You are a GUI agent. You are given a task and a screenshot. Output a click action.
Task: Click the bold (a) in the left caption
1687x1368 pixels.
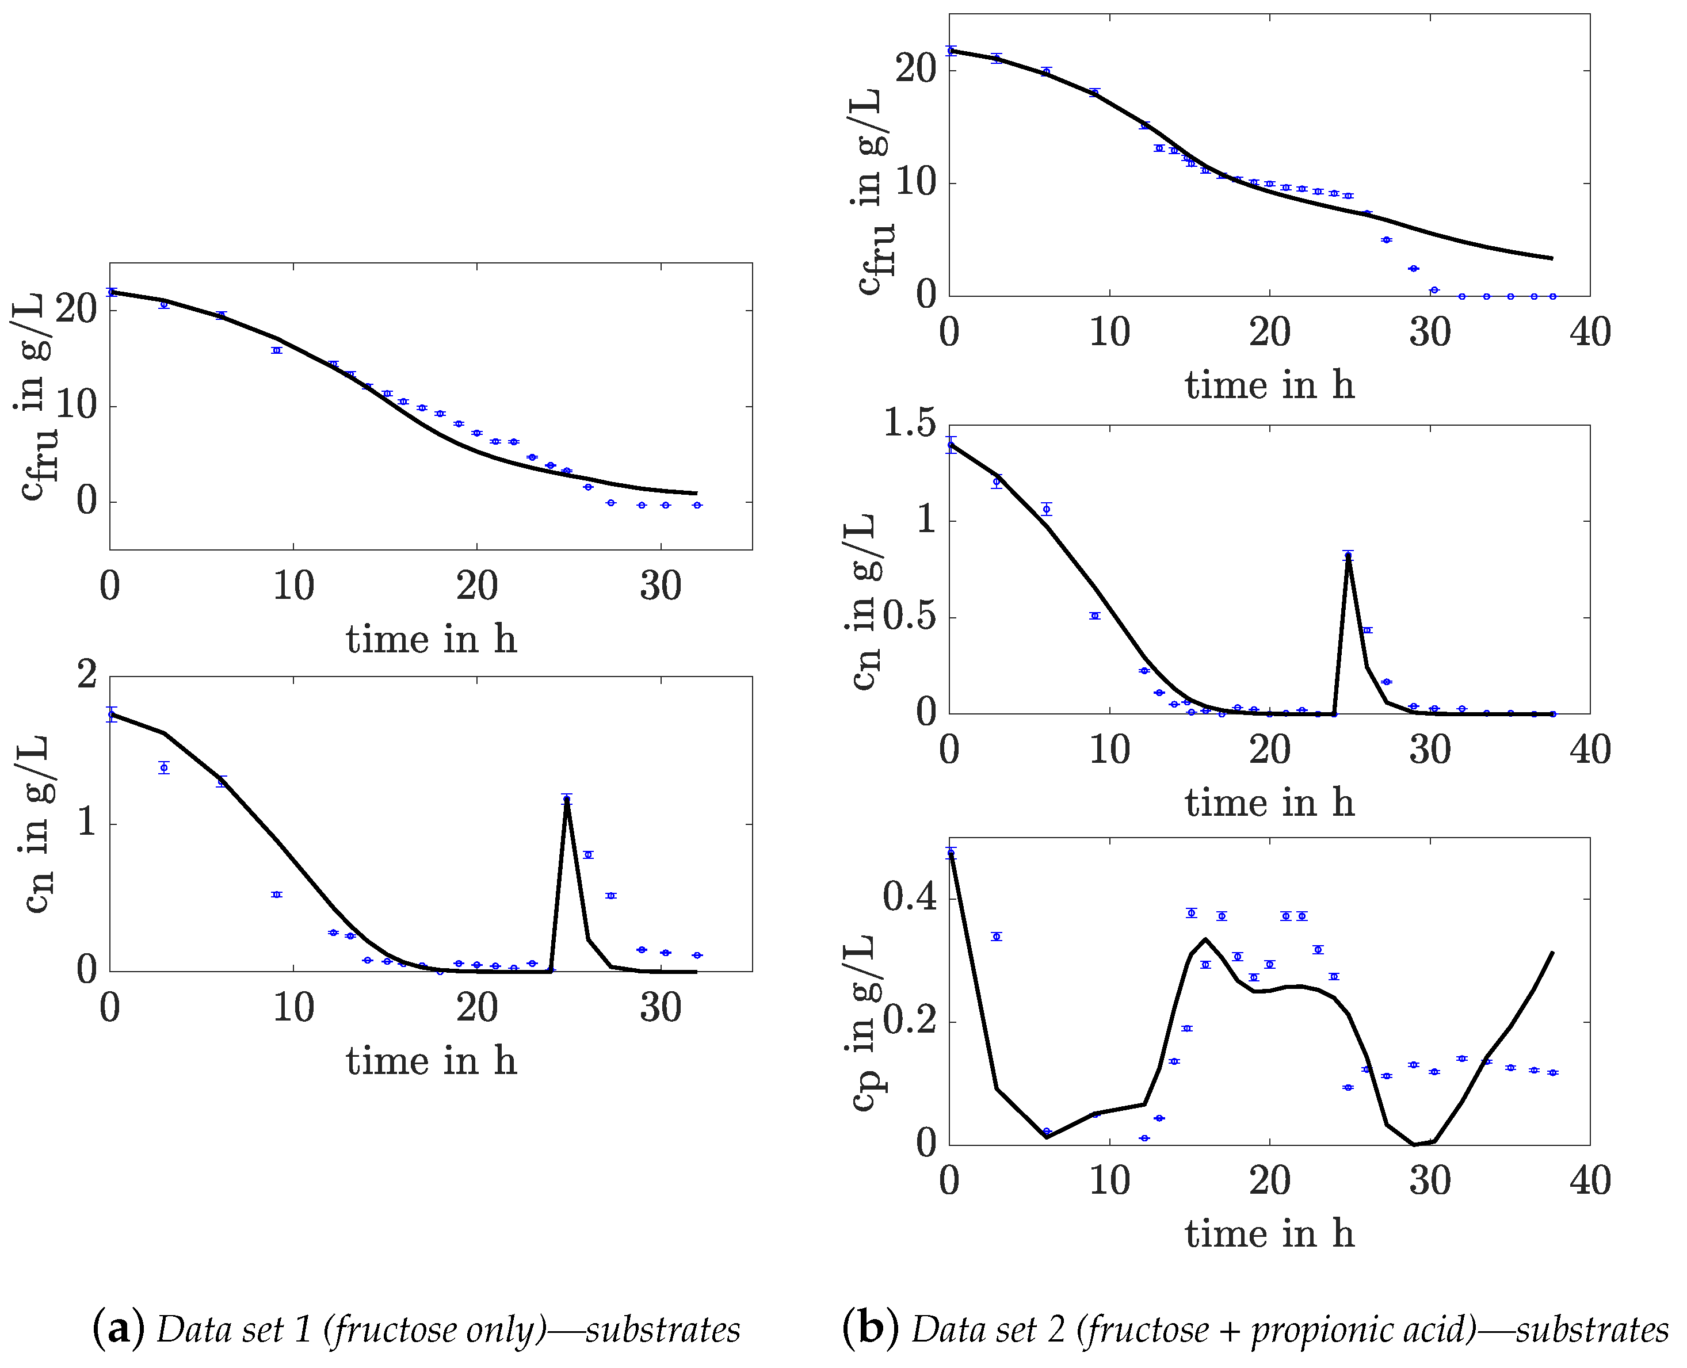click(118, 1329)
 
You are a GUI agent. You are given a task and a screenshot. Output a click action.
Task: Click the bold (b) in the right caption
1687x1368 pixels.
click(870, 1329)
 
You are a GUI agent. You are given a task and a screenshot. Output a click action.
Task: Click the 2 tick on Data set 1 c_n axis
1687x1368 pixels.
click(87, 675)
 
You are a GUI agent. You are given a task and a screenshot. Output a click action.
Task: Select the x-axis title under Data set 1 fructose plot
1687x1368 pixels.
click(431, 639)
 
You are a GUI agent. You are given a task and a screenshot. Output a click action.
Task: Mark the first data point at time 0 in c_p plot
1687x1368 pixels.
click(951, 853)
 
